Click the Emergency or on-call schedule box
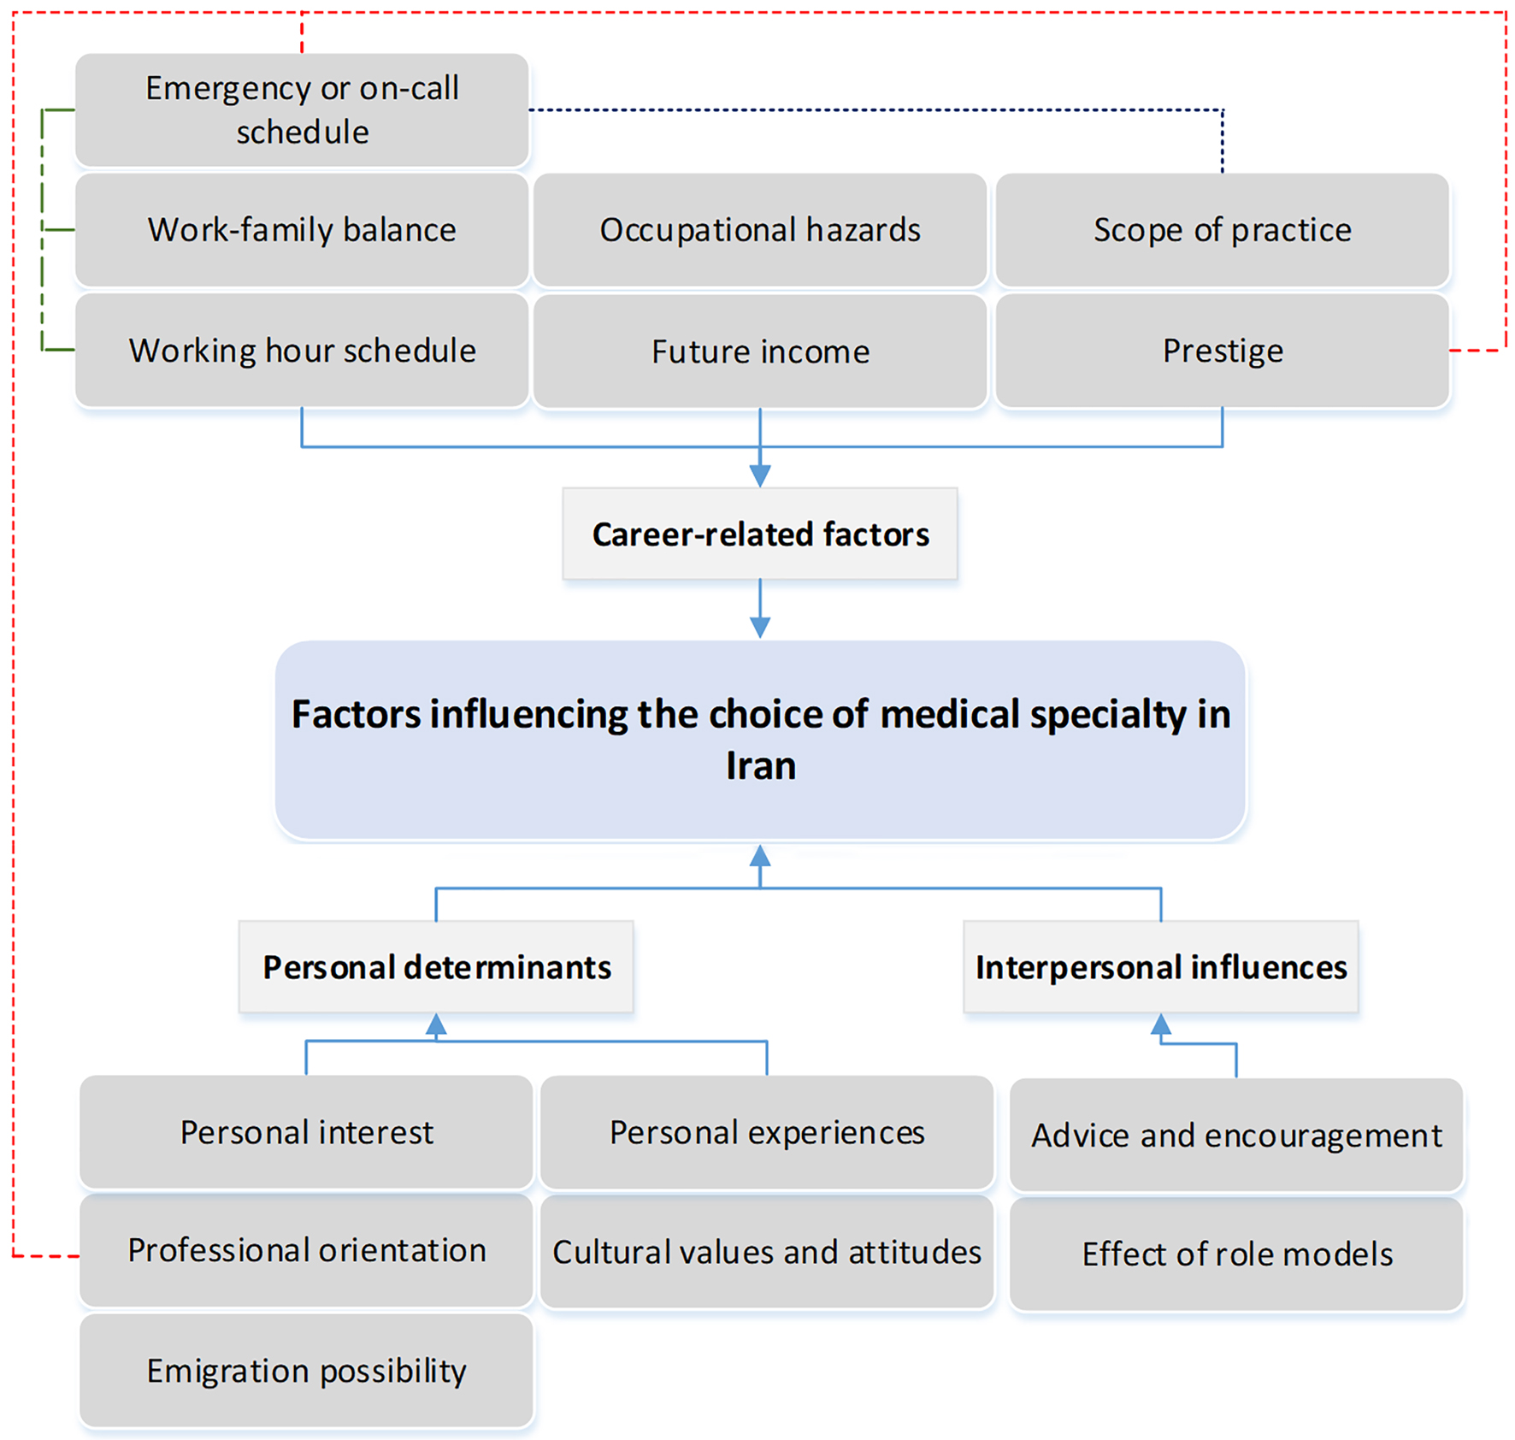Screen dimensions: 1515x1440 pyautogui.click(x=302, y=110)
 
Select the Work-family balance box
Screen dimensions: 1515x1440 pyautogui.click(x=302, y=230)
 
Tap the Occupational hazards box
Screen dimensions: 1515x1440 pyautogui.click(x=760, y=230)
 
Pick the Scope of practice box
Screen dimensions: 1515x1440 pyautogui.click(x=1223, y=230)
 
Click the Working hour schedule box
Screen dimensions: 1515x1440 pyautogui.click(x=302, y=351)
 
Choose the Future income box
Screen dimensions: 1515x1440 pyautogui.click(x=760, y=351)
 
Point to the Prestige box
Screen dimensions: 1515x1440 pyautogui.click(x=1223, y=351)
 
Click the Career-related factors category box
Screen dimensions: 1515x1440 pyautogui.click(x=760, y=534)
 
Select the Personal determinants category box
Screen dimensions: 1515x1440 pyautogui.click(x=436, y=966)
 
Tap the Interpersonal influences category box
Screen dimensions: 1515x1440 pyautogui.click(x=1161, y=966)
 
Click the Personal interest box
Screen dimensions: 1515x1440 pyautogui.click(x=306, y=1132)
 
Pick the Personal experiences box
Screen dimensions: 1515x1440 pyautogui.click(x=767, y=1132)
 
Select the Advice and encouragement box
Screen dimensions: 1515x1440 pyautogui.click(x=1236, y=1135)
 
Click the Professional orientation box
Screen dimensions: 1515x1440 pyautogui.click(x=306, y=1250)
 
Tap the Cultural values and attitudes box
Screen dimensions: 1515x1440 pyautogui.click(x=767, y=1252)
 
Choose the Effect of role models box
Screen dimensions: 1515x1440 pyautogui.click(x=1236, y=1254)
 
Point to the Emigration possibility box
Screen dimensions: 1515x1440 pyautogui.click(x=306, y=1371)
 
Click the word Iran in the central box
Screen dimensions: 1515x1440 pyautogui.click(x=761, y=765)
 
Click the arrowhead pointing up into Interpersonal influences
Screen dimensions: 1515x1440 pyautogui.click(x=1161, y=1024)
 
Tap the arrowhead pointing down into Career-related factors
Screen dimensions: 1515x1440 pyautogui.click(x=760, y=476)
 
